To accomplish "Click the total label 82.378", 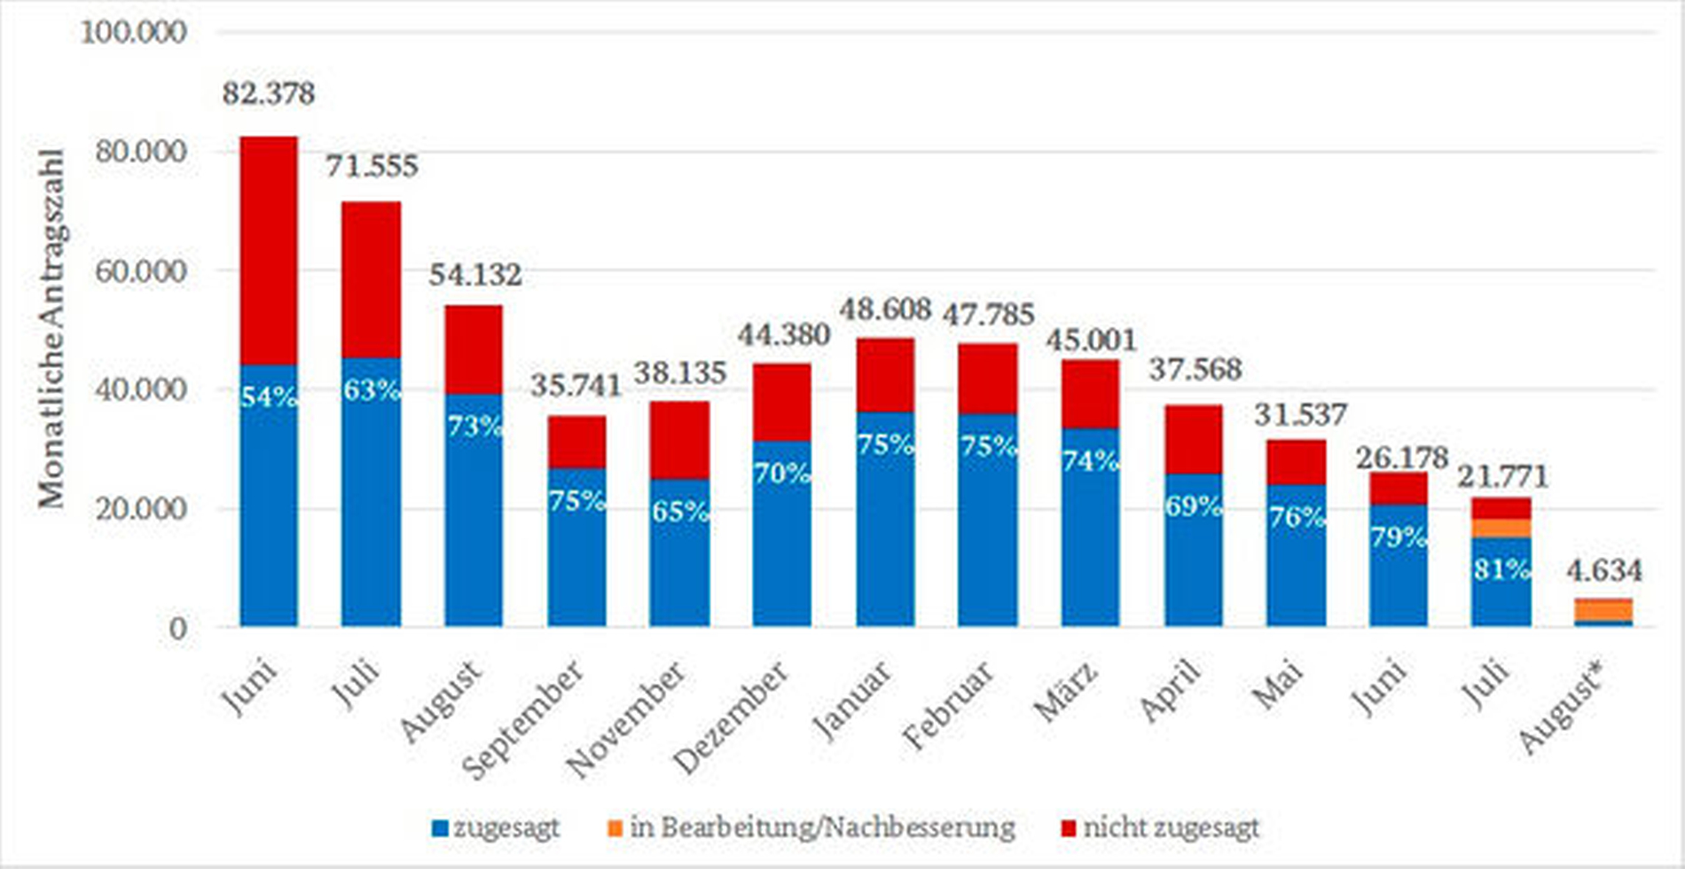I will click(268, 93).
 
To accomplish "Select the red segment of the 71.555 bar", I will click(371, 279).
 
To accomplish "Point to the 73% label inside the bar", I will click(474, 427).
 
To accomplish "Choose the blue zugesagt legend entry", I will click(496, 828).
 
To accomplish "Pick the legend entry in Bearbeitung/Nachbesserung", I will click(811, 828).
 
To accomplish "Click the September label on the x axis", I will click(524, 720).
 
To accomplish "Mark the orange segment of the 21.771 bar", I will click(1501, 528).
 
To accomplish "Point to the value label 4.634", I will click(1603, 570).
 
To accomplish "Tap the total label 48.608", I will click(885, 309).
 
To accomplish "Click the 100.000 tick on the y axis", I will click(134, 32).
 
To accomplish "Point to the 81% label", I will click(1501, 568).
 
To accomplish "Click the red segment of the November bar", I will click(679, 440).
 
